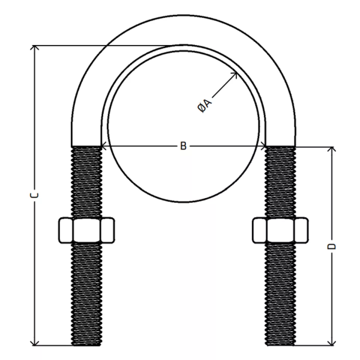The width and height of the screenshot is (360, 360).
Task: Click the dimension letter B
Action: tap(183, 146)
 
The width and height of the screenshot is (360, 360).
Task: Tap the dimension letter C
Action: tap(34, 195)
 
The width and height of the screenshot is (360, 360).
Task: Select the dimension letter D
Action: tap(331, 246)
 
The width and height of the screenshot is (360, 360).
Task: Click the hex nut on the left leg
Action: tap(87, 230)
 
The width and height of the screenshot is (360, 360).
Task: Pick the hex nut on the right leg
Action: tap(280, 230)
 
